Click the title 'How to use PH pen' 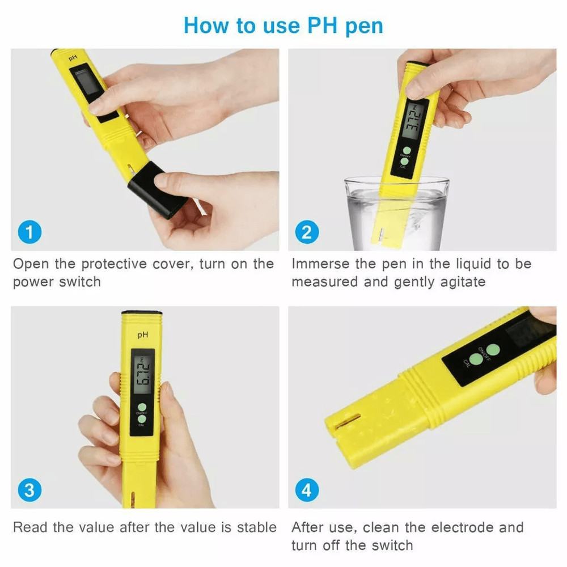point(283,26)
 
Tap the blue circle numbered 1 point(29,233)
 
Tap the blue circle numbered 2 point(307,233)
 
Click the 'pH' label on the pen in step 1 point(73,58)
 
